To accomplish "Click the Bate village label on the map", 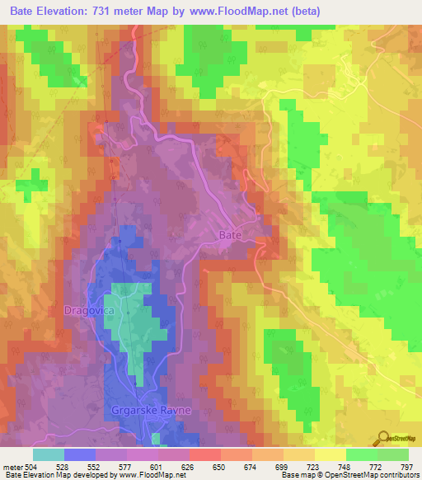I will (230, 235).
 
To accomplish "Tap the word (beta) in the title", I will (303, 12).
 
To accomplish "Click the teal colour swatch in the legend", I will (48, 454).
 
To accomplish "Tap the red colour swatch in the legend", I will (204, 454).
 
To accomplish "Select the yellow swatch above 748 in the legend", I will (330, 454).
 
